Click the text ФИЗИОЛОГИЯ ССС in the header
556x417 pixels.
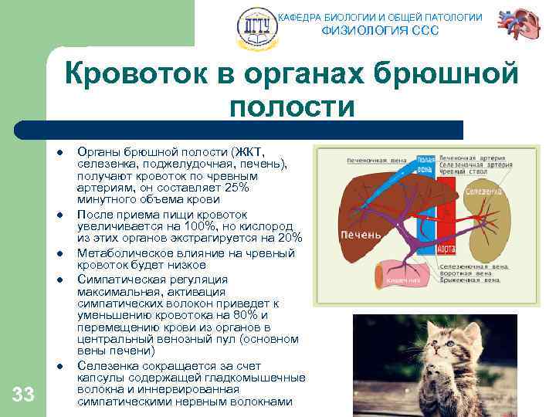379,31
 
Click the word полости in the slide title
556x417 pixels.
291,107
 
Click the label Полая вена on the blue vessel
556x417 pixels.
425,164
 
